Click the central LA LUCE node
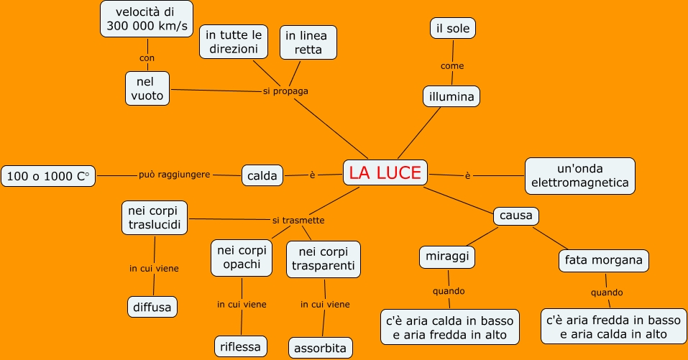click(385, 172)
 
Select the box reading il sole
click(453, 29)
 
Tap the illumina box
click(451, 96)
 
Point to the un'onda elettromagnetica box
click(580, 175)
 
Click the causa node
click(516, 216)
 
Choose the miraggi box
click(448, 257)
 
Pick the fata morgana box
click(604, 260)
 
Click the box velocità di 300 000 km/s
click(147, 19)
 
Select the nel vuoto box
click(148, 88)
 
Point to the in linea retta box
click(308, 42)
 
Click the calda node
click(262, 175)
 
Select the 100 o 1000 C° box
click(48, 176)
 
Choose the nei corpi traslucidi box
click(155, 218)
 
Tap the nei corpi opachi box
click(242, 258)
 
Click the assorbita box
click(321, 349)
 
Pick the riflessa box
click(241, 346)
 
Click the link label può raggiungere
click(175, 175)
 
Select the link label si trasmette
click(298, 220)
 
